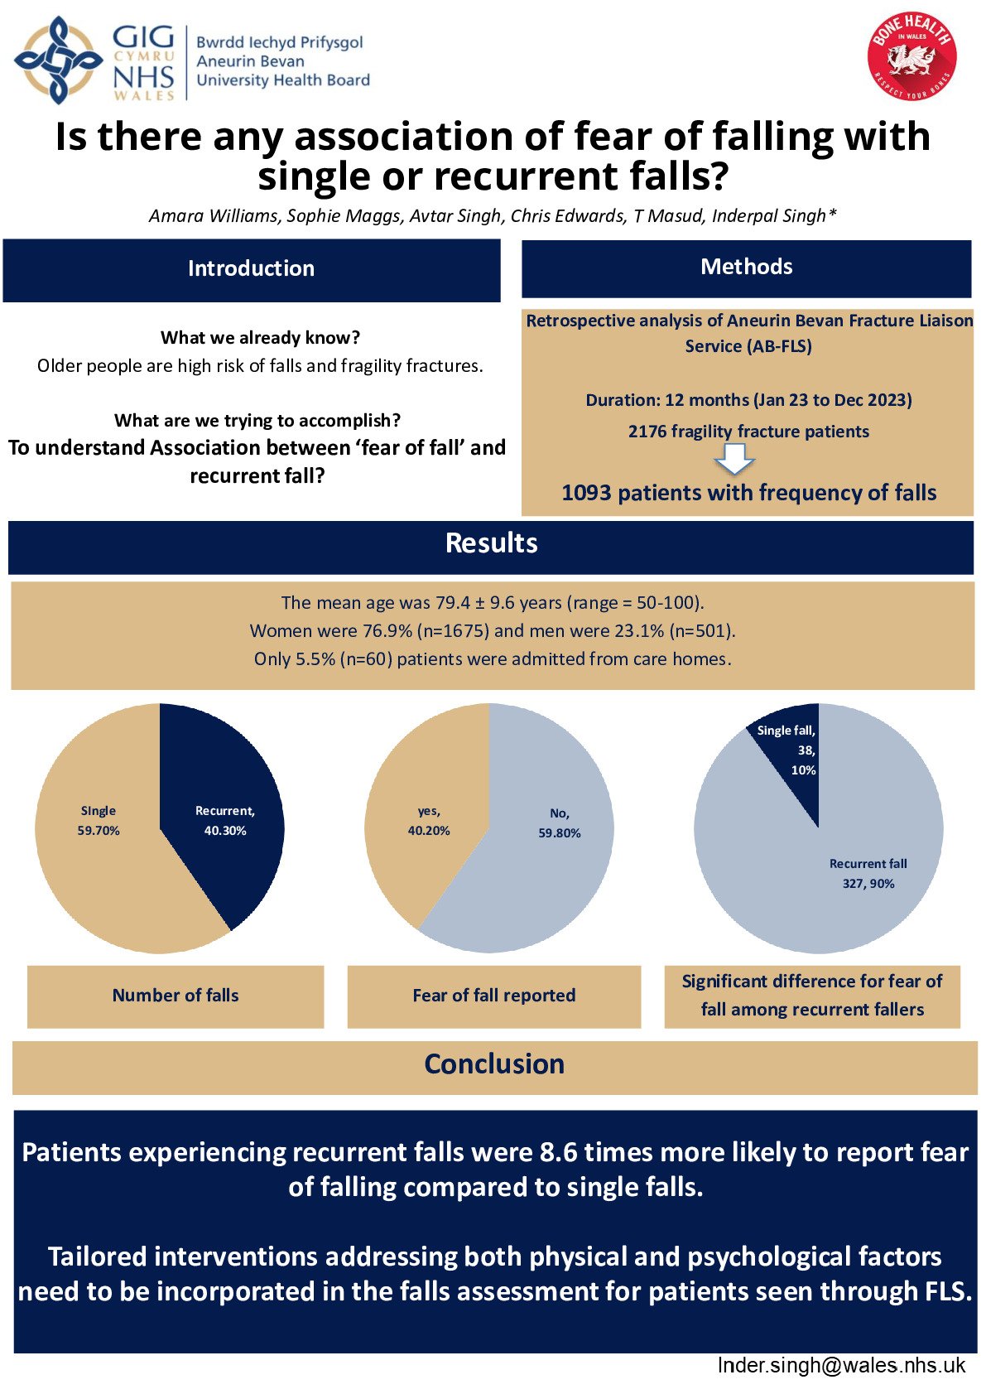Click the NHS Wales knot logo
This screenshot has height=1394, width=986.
[x=58, y=60]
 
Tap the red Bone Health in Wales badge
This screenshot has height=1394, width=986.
[x=911, y=57]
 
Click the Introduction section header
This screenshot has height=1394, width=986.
[x=251, y=269]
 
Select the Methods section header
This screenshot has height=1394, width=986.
[x=746, y=268]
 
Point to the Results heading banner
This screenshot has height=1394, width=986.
[x=491, y=544]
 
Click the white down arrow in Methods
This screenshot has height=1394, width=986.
[x=734, y=458]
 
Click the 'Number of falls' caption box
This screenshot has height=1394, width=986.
[x=176, y=996]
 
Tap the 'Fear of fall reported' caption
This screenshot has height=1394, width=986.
[x=493, y=996]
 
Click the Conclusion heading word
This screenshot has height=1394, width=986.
[x=494, y=1064]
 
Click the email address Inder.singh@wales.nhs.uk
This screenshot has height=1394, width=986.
[x=841, y=1366]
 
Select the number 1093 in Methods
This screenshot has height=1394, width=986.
[x=586, y=494]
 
